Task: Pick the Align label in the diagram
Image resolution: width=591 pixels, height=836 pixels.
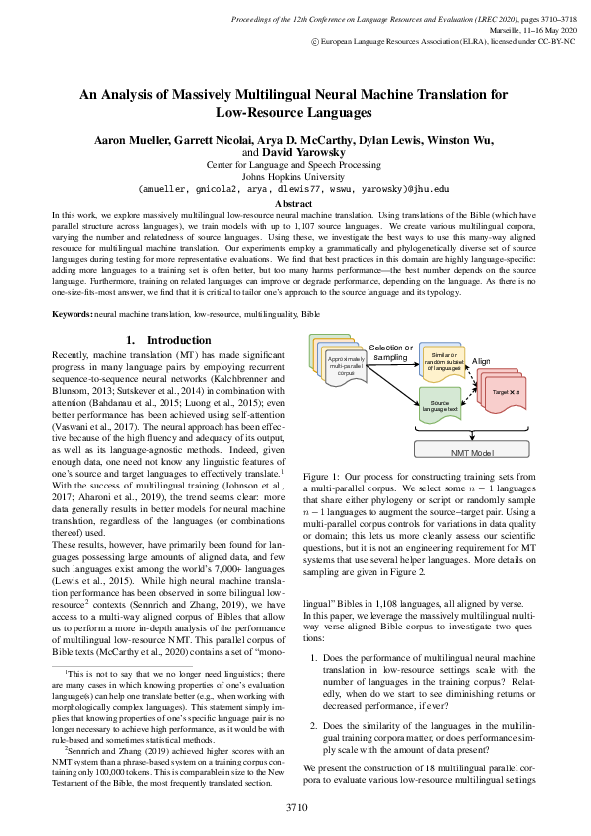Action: click(481, 360)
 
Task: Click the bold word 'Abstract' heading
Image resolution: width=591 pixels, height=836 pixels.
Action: click(295, 204)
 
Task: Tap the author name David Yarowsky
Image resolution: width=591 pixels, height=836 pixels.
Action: click(305, 153)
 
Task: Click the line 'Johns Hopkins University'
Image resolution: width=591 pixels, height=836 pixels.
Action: click(295, 176)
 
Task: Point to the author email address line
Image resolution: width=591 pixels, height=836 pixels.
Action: click(295, 189)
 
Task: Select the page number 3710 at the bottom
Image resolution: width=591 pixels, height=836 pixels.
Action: click(295, 807)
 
